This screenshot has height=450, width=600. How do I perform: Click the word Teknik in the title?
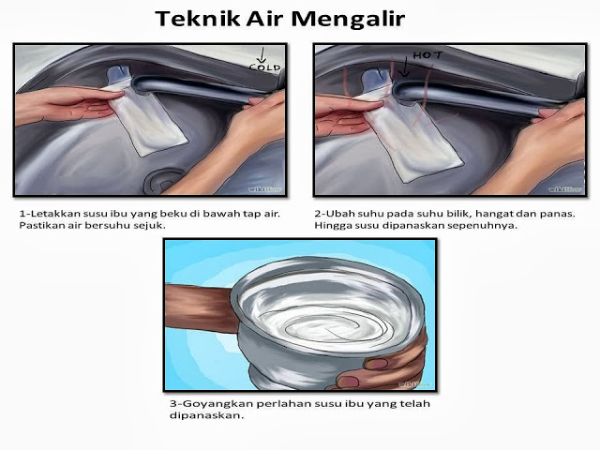[x=198, y=19]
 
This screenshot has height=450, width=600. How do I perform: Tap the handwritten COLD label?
[x=264, y=67]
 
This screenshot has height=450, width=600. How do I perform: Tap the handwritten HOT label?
[x=427, y=55]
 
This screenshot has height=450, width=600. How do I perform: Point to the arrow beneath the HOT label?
[x=404, y=67]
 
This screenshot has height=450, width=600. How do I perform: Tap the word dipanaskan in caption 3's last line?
[x=206, y=415]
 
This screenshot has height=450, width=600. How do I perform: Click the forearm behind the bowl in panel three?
[x=199, y=308]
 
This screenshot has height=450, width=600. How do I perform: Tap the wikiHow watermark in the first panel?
[x=264, y=189]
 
